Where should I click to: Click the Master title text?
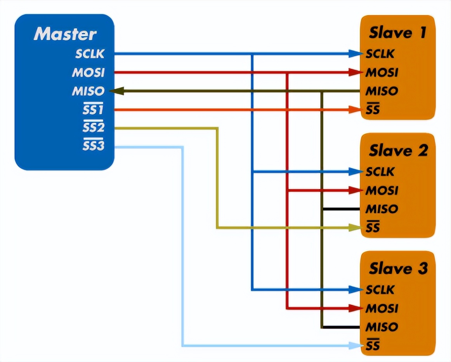point(65,34)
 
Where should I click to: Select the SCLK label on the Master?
point(90,54)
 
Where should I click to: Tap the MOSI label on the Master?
point(88,72)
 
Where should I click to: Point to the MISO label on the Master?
point(88,91)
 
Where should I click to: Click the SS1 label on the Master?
point(93,110)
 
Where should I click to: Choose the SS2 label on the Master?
point(93,128)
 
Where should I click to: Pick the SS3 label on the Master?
point(93,146)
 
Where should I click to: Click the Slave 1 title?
point(397,33)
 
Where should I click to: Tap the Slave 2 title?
point(398,150)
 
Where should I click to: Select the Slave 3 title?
point(398,268)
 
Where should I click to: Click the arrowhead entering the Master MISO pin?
point(115,91)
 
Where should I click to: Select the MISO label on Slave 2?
point(382,209)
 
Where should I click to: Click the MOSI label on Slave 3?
point(382,308)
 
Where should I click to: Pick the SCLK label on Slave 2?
point(380,171)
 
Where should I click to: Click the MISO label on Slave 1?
point(382,91)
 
